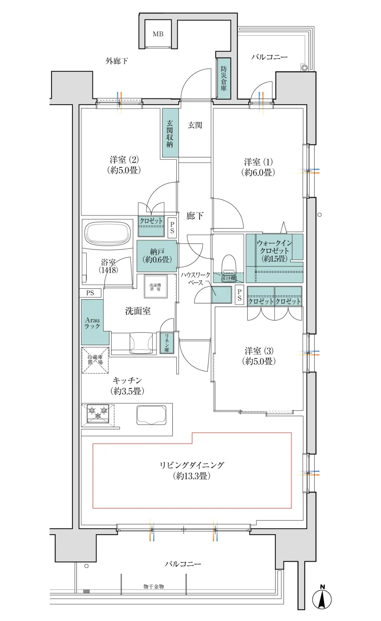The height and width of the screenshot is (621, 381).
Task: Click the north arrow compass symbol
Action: point(322,599)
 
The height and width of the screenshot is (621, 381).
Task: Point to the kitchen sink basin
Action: point(151,415)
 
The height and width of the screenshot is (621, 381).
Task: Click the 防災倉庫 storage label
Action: point(224,78)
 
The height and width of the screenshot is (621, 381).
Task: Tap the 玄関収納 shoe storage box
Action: point(170,133)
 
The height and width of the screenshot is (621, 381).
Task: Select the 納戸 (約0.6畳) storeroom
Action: point(157,256)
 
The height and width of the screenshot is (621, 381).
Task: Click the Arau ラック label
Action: point(92,323)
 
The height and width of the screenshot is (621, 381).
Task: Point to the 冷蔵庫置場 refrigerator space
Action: point(95,360)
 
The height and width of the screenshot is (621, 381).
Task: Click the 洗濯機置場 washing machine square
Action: point(155,287)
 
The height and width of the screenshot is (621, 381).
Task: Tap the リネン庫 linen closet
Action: point(167,343)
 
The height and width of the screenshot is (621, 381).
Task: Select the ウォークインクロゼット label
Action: point(274,251)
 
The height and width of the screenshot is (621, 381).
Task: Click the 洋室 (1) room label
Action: point(258,167)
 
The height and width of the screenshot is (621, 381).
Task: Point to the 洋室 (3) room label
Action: point(259,356)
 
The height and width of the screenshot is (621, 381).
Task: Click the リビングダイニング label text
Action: point(192,470)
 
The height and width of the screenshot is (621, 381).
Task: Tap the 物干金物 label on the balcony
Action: point(153,586)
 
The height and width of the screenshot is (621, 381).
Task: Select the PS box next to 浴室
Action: point(90,293)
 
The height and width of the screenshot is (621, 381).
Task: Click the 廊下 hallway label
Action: point(195,216)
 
